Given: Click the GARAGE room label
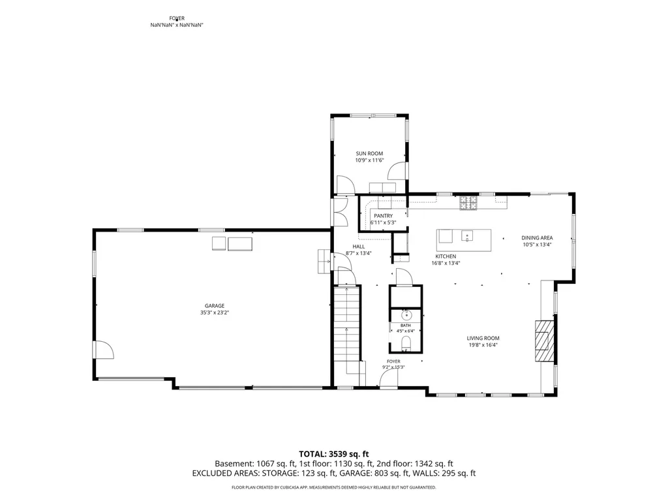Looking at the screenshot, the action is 214,305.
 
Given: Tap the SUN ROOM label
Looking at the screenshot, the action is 369,153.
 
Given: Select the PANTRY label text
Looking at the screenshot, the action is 384,216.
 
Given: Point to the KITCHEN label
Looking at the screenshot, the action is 446,256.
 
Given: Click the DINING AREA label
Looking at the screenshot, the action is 538,237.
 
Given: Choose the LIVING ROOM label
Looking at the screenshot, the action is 483,339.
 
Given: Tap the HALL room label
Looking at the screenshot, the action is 359,247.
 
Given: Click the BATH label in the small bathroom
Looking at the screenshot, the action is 406,326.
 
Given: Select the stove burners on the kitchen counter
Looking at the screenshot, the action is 468,202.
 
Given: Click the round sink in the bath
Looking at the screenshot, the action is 406,315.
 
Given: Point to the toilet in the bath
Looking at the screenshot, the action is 406,343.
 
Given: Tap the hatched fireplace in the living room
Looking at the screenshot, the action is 545,341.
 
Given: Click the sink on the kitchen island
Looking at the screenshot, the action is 467,235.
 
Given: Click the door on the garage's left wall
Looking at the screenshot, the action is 103,350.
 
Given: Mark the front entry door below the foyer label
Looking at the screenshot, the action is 389,379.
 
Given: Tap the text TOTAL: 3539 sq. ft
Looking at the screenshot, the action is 333,454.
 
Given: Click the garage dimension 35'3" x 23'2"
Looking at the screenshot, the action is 215,312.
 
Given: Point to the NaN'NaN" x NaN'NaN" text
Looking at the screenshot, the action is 177,25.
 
